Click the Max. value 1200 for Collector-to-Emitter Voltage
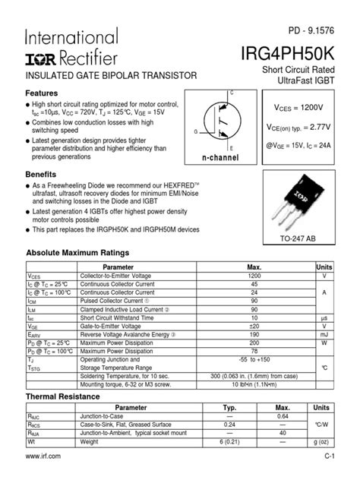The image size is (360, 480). tap(254, 276)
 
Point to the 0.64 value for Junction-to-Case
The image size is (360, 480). tap(283, 417)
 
